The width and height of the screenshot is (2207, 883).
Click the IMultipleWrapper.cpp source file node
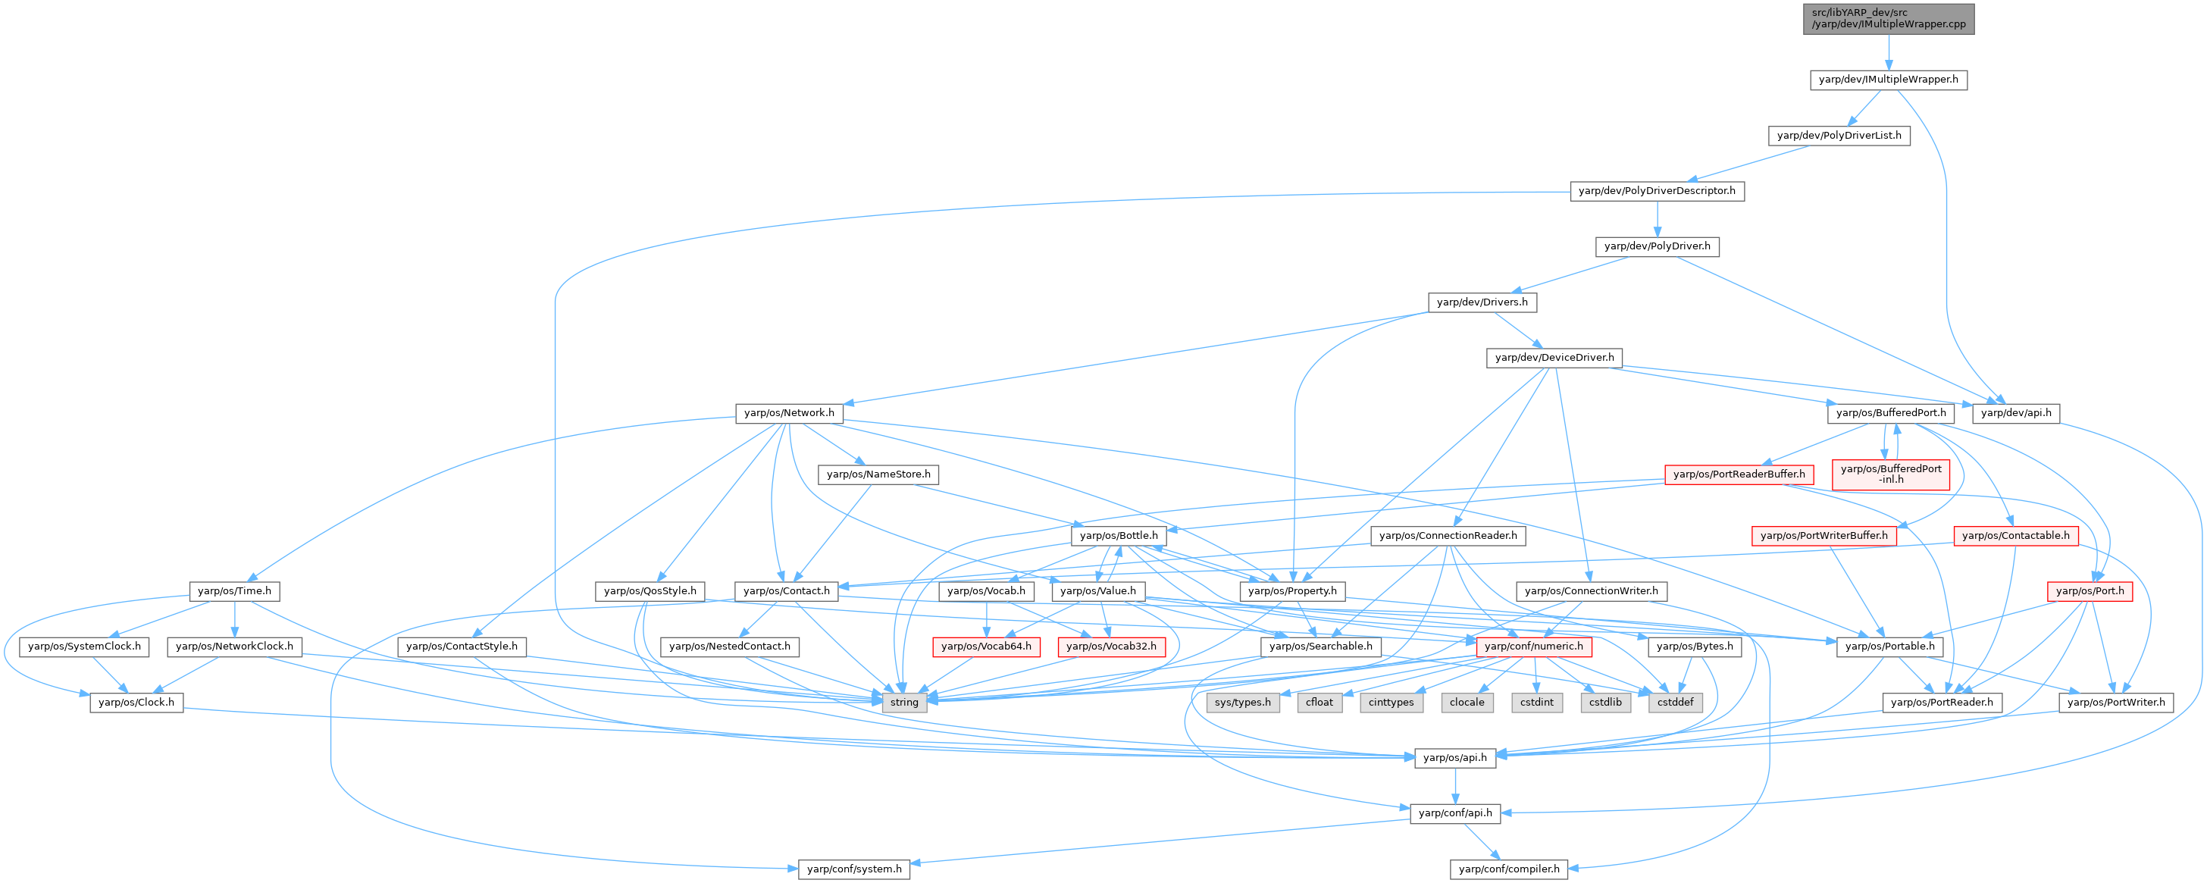click(x=1888, y=19)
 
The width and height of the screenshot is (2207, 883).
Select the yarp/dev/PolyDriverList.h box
click(x=1839, y=136)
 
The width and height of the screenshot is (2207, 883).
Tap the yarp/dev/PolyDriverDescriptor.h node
click(x=1656, y=191)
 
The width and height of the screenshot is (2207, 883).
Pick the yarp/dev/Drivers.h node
click(x=1482, y=302)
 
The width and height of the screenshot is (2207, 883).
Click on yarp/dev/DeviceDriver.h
click(x=1554, y=358)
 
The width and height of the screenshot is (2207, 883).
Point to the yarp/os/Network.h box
click(x=788, y=413)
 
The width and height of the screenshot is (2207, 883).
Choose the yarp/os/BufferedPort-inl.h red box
click(x=1890, y=474)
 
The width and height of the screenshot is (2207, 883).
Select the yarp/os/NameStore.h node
click(x=878, y=474)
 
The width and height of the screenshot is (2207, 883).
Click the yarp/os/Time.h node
click(x=234, y=591)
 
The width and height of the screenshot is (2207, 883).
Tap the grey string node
click(x=904, y=703)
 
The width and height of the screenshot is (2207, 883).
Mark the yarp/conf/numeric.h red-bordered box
click(x=1532, y=647)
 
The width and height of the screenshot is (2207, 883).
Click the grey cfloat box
click(x=1320, y=703)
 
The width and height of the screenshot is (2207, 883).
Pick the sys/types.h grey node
click(x=1242, y=703)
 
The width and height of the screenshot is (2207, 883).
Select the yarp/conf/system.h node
click(x=854, y=869)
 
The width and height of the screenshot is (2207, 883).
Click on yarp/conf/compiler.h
click(x=1509, y=869)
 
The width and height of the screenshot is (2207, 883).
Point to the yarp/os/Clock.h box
click(x=136, y=703)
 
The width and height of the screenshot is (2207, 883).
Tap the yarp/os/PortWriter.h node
click(x=2115, y=703)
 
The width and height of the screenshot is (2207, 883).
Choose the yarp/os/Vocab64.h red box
click(x=985, y=647)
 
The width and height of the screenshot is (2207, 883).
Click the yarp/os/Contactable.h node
click(x=2015, y=536)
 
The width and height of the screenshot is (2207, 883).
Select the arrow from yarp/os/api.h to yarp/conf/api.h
click(x=1454, y=785)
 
